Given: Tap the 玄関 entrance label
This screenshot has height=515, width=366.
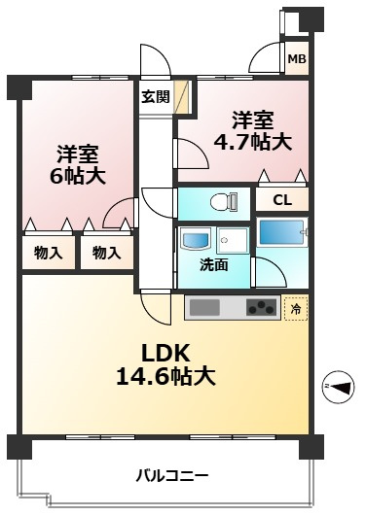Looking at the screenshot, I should (155, 96).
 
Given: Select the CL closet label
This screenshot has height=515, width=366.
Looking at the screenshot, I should (281, 200).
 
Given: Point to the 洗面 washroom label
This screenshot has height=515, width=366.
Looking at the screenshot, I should (214, 263).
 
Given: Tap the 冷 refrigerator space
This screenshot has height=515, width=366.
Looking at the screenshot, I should (296, 309).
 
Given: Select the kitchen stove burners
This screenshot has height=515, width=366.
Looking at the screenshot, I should (261, 309).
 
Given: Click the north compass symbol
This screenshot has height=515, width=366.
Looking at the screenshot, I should (340, 387).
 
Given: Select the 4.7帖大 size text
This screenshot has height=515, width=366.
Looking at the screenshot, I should (252, 143).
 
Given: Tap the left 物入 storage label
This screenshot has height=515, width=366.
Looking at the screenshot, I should (48, 253).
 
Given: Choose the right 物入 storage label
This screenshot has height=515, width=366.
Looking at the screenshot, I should (106, 253).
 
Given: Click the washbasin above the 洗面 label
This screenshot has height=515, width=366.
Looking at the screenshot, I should (193, 239).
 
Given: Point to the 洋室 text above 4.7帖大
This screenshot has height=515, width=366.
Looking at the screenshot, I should (252, 120).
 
